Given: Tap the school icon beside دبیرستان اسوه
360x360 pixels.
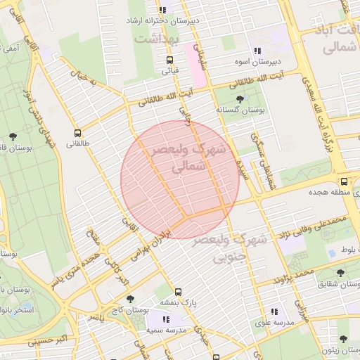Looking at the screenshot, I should [x=257, y=51].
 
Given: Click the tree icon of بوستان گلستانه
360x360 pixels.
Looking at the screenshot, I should [x=240, y=99].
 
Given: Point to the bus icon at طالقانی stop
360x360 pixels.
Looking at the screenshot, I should [x=77, y=132].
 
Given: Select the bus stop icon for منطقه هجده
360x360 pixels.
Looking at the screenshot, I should [x=344, y=181].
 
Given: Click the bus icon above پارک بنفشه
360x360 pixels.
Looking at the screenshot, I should [x=178, y=292].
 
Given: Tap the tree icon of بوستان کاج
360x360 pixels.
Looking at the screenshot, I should [x=129, y=299].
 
